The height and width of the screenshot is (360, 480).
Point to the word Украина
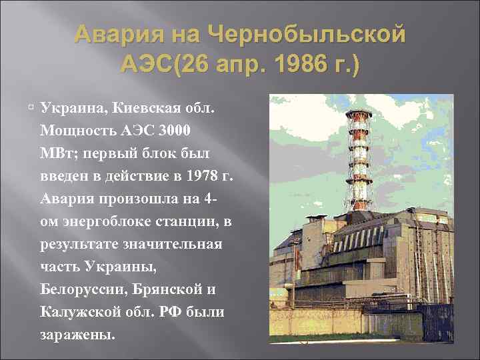[x=71, y=107]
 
